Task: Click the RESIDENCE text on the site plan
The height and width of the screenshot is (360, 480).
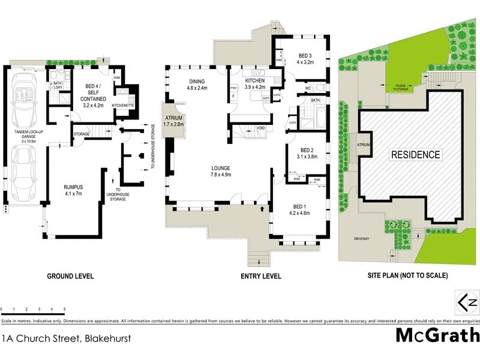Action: [x=416, y=154]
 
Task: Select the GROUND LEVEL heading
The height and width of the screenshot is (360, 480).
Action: [x=70, y=277]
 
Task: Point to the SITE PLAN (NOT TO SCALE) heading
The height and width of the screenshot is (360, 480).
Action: [x=407, y=277]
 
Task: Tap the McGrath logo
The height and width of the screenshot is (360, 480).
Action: [x=437, y=335]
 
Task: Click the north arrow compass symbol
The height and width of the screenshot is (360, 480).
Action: [x=468, y=302]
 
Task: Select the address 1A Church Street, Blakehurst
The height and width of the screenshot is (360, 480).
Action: [x=66, y=338]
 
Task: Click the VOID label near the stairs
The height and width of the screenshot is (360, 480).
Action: [x=260, y=128]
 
